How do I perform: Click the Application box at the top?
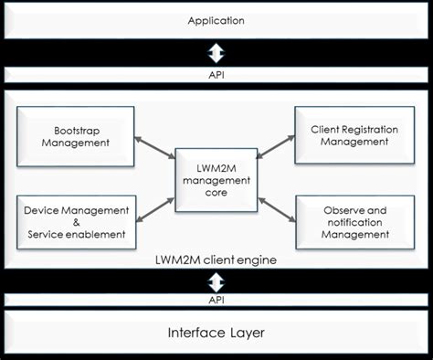pos(216,20)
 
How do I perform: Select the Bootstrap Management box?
pos(76,135)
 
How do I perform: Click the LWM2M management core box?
pos(216,181)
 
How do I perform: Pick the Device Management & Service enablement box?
pos(77,221)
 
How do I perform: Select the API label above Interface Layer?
pos(216,299)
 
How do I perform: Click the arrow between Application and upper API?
pos(216,51)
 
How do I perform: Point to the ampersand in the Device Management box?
pos(77,221)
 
